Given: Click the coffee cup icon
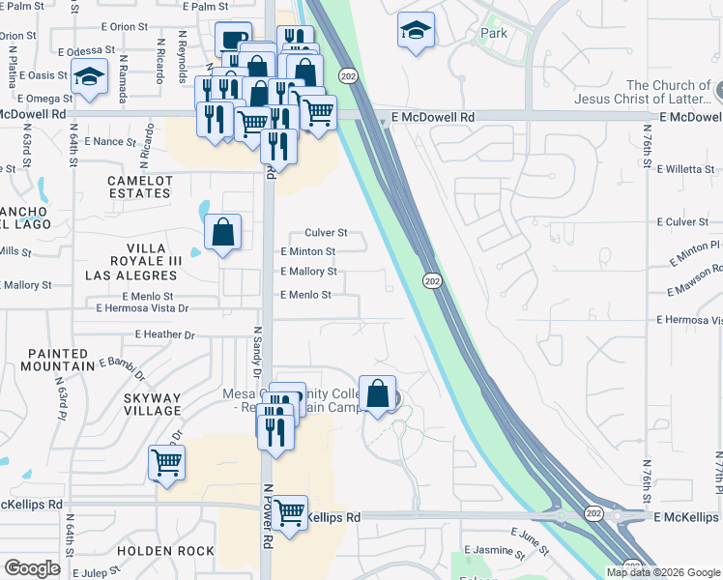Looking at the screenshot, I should (x=232, y=39).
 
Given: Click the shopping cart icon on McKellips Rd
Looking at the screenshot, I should (x=290, y=512).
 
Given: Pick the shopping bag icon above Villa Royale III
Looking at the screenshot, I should (x=223, y=232).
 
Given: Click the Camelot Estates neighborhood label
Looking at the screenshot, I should (x=140, y=188).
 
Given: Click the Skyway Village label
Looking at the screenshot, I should (x=152, y=404).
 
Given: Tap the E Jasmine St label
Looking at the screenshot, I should (x=494, y=549).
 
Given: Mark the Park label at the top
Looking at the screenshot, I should (x=494, y=33).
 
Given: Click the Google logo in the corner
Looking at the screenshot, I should (x=32, y=568).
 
